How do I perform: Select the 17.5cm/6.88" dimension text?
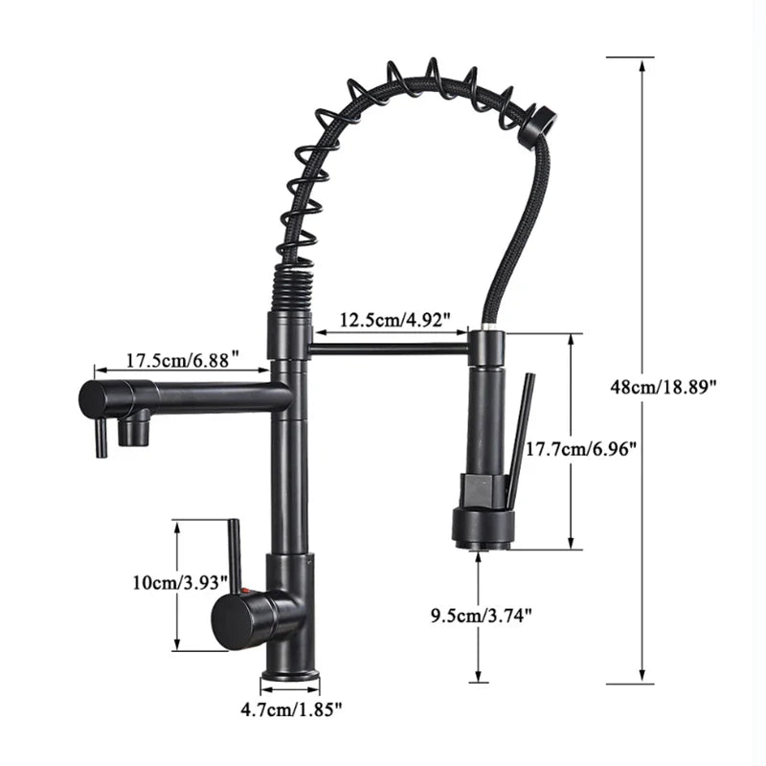click(183, 360)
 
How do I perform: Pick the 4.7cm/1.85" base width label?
click(291, 709)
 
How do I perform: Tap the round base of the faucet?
click(290, 675)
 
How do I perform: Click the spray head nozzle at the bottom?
click(484, 545)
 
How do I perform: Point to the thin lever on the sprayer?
click(517, 440)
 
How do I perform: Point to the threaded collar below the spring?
click(287, 287)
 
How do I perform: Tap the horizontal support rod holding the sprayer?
click(388, 350)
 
